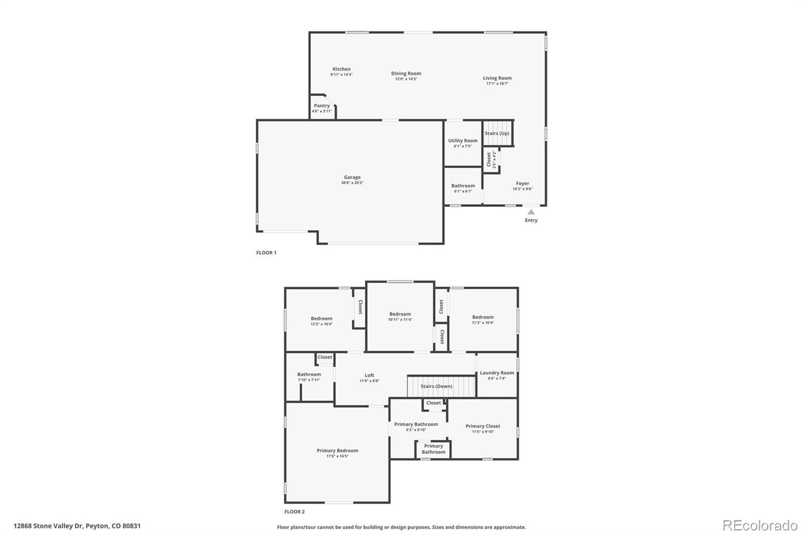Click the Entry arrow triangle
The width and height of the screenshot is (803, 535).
531,212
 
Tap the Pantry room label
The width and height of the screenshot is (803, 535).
322,106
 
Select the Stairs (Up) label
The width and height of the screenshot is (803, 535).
497,133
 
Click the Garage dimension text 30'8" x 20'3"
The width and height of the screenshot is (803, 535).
352,183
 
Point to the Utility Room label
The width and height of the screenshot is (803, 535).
463,141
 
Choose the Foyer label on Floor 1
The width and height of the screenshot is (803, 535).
522,184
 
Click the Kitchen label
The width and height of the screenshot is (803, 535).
341,69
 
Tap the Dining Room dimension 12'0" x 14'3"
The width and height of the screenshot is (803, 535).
406,79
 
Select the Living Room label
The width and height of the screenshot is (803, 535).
497,78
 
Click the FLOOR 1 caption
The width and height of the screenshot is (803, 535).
266,252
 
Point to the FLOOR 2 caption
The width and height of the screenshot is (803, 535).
294,511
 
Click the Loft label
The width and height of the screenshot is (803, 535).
369,375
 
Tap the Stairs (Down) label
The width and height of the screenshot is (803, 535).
436,386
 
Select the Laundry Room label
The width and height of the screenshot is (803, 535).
497,373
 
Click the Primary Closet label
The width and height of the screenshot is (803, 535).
483,426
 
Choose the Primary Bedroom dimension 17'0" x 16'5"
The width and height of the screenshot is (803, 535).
337,456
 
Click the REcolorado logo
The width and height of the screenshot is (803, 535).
760,525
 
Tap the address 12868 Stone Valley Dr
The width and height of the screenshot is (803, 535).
48,526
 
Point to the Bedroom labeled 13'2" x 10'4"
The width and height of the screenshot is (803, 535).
321,319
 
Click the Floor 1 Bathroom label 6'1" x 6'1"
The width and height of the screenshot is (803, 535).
463,186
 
